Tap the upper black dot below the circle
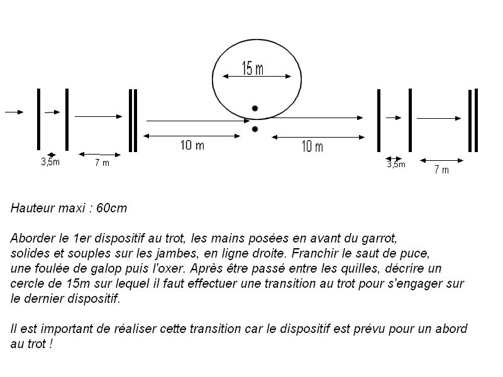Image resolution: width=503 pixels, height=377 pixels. [255, 109]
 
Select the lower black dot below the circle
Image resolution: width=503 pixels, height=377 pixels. [255, 129]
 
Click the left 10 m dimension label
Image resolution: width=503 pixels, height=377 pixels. [192, 145]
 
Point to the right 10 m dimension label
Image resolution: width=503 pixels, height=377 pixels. [312, 146]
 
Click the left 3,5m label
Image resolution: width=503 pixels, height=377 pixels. [50, 161]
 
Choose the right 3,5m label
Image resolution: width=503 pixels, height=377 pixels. [396, 165]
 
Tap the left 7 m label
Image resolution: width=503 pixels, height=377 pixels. [101, 163]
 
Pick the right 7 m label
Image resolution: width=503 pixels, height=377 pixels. [442, 170]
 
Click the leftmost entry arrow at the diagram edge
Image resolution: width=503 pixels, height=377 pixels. [14, 112]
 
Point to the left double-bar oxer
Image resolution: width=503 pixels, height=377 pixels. [133, 120]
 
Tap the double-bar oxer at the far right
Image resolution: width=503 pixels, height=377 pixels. [472, 120]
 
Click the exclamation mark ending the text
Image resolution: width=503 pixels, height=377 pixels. [51, 344]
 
